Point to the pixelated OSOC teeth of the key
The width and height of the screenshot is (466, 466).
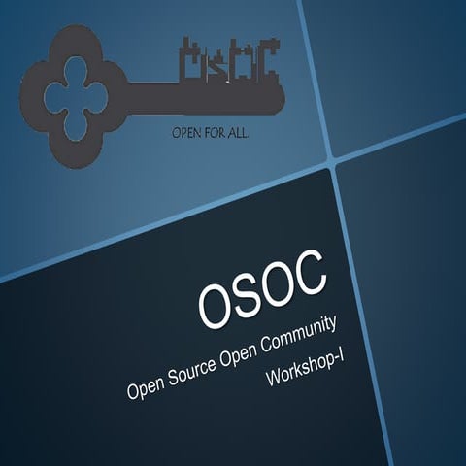[x=230, y=60]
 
